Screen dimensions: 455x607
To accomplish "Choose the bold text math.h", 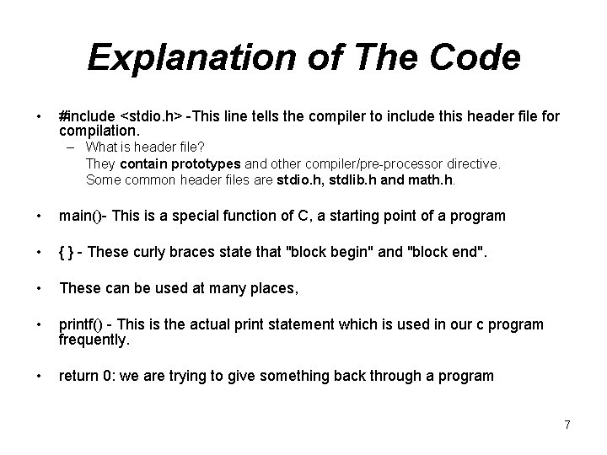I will [431, 179].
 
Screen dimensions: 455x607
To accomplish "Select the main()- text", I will [83, 216].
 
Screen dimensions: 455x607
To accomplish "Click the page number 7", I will [567, 426].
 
